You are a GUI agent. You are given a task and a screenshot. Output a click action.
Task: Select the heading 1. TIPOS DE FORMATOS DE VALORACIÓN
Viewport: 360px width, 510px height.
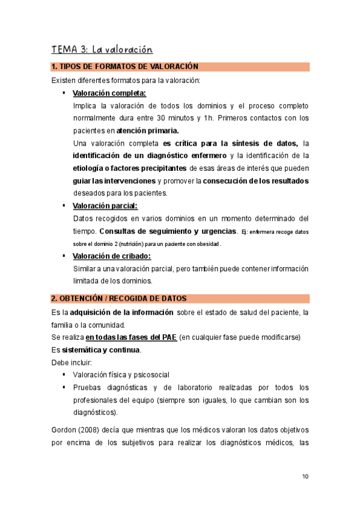point(125,67)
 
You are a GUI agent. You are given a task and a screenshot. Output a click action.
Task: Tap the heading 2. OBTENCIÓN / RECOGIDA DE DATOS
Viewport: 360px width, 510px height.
point(118,298)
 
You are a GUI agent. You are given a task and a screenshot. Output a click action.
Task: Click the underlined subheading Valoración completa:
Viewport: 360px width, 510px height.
point(109,93)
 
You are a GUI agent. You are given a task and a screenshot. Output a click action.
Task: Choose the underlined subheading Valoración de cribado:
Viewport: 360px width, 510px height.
point(111,256)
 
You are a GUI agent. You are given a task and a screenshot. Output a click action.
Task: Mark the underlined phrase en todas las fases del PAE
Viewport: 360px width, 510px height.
point(131,337)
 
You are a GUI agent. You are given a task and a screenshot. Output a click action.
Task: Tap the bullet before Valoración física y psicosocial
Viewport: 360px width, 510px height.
point(64,375)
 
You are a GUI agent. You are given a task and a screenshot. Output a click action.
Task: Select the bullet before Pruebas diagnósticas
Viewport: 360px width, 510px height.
point(64,387)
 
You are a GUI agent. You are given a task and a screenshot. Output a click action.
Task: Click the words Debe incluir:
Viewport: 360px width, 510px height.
point(72,362)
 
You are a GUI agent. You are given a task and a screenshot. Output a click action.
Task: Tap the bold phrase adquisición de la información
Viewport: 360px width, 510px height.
point(122,312)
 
